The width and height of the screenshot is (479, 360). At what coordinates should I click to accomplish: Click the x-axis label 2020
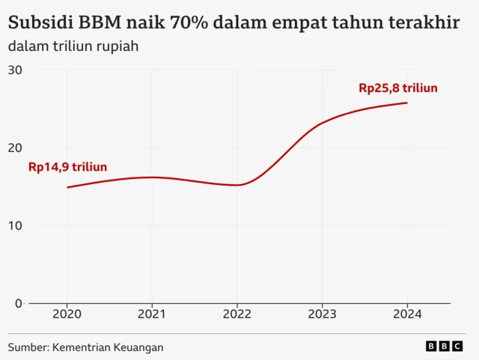67,315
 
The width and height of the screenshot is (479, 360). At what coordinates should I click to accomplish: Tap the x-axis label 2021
152,315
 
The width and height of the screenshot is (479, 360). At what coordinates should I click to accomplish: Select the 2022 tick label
237,315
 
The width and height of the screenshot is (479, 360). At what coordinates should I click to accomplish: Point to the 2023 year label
322,315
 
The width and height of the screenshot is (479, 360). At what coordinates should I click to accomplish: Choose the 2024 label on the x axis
407,315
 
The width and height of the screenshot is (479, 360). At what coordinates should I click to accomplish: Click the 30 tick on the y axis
14,70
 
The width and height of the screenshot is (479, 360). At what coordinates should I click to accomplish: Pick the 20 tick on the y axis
14,148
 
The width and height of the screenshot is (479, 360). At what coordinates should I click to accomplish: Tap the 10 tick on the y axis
14,226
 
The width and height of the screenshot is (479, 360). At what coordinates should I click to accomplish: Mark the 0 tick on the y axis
18,303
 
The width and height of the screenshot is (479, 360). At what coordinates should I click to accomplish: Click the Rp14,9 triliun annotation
67,167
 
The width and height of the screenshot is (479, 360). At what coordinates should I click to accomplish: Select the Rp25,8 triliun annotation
397,88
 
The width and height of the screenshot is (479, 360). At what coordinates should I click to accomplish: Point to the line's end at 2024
407,103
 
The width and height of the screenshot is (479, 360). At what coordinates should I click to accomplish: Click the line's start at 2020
67,187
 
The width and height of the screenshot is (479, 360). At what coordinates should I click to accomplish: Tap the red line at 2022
237,185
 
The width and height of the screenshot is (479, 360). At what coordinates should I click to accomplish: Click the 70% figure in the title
190,22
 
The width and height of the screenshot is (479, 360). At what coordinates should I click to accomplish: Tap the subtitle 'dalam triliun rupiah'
73,46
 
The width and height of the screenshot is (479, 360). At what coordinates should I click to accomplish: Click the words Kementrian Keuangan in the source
108,347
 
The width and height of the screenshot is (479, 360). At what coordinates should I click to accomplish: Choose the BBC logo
445,347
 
